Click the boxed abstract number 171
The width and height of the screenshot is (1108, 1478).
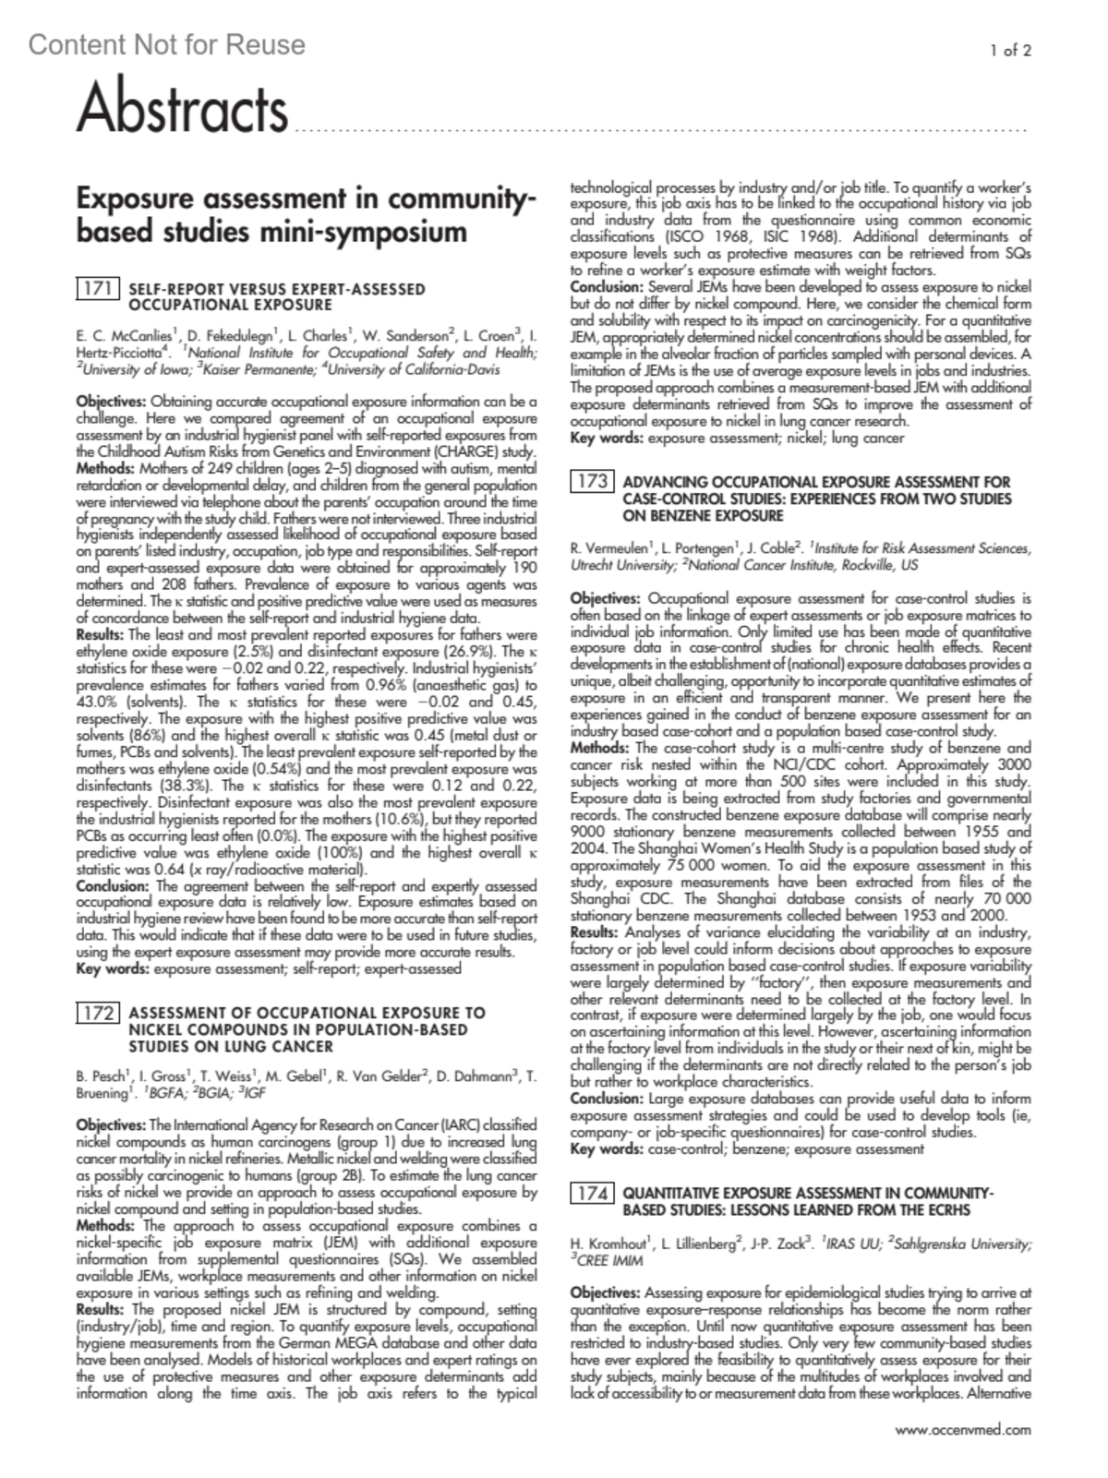(x=97, y=289)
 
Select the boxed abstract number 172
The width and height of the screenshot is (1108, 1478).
(x=97, y=1014)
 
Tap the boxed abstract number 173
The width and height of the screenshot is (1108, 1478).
(x=592, y=481)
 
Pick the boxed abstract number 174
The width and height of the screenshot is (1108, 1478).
(x=592, y=1193)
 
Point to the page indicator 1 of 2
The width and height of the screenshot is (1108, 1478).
(x=1010, y=51)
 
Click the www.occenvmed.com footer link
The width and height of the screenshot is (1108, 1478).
(x=963, y=1430)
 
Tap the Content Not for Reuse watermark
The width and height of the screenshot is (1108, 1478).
(x=166, y=44)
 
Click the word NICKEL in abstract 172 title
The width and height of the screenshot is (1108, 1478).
(x=156, y=1029)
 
